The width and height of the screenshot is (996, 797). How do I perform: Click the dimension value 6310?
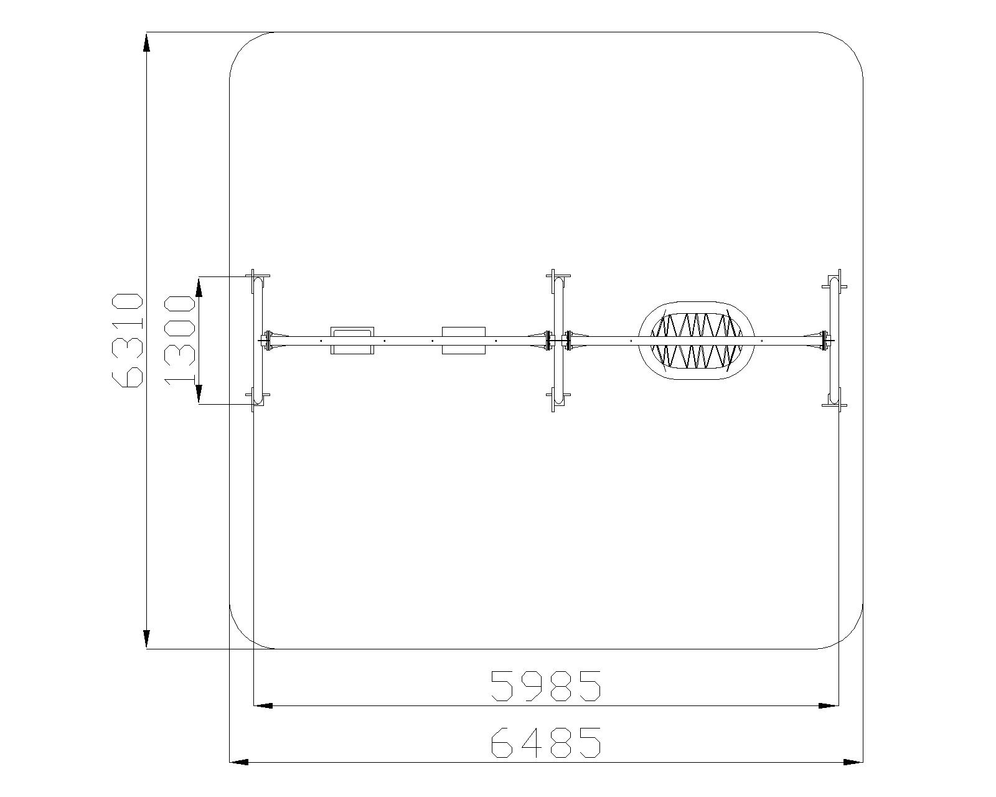(127, 339)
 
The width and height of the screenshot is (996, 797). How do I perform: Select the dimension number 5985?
(546, 686)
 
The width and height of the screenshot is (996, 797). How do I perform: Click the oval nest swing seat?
(696, 340)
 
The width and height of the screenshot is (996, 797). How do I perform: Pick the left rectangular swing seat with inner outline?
(353, 341)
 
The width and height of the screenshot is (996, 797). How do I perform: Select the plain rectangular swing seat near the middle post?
(464, 341)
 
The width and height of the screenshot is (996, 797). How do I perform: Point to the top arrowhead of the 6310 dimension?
(146, 42)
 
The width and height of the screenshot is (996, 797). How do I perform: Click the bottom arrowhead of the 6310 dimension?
(146, 638)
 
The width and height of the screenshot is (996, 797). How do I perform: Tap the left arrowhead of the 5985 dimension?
(263, 705)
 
